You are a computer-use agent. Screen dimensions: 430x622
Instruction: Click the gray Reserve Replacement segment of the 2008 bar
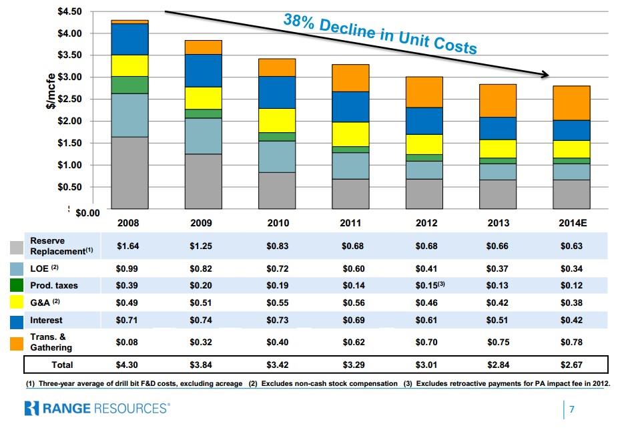click(129, 172)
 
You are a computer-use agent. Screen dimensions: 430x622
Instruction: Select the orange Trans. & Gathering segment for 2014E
click(572, 103)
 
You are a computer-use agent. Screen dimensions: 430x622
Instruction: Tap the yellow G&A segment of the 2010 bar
click(277, 120)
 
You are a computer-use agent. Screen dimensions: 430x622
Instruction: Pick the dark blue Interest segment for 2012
click(424, 121)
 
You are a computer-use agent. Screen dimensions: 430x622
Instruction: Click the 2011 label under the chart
click(351, 223)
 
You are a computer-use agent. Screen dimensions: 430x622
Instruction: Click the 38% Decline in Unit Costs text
click(380, 33)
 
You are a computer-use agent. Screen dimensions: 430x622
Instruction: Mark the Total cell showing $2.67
click(571, 365)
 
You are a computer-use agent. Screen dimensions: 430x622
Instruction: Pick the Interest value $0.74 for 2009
click(200, 320)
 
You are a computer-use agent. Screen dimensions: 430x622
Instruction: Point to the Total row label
click(62, 365)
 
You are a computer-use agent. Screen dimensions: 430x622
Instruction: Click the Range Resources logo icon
click(33, 407)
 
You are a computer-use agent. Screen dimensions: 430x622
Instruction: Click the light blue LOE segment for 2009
click(204, 136)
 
